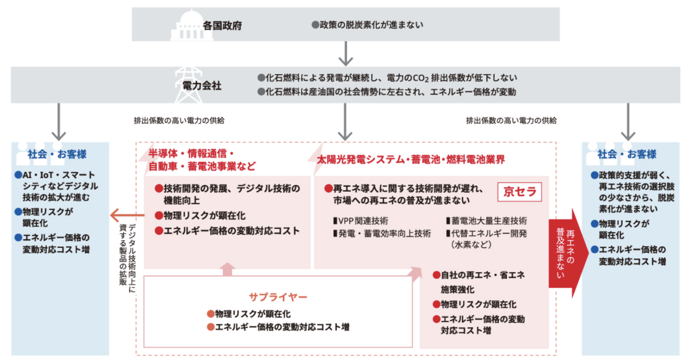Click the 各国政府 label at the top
click(x=222, y=26)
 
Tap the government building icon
click(x=186, y=26)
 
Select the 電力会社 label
click(x=202, y=85)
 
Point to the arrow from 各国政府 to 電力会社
click(x=345, y=54)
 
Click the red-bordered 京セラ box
click(x=520, y=192)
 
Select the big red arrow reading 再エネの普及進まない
click(x=567, y=253)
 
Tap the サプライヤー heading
click(x=278, y=297)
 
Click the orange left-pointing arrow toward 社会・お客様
click(x=126, y=215)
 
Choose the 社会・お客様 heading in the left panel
click(x=57, y=154)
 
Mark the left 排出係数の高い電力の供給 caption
click(x=179, y=121)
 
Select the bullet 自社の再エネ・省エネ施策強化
click(x=479, y=282)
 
